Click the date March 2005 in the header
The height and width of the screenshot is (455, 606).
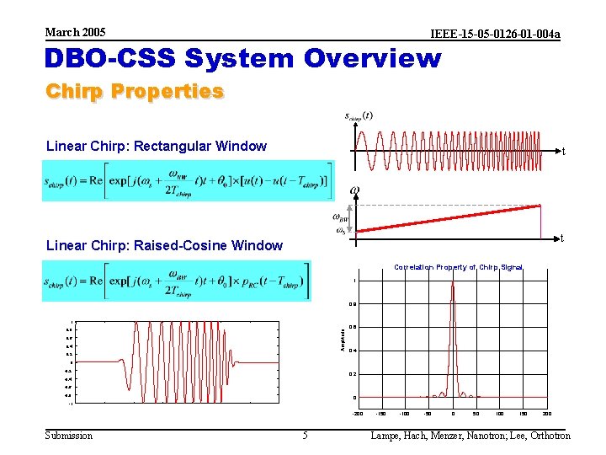75,32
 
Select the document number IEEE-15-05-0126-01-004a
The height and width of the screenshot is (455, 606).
495,34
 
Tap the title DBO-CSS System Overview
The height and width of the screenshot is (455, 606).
242,59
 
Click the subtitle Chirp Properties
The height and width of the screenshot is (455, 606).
135,91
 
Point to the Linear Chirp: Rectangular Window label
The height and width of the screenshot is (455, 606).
157,147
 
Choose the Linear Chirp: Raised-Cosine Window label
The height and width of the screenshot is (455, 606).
165,246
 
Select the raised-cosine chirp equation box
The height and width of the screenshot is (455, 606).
177,280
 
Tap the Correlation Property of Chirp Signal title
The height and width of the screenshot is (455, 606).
459,267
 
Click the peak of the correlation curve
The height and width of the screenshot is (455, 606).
453,281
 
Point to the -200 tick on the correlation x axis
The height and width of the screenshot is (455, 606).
357,415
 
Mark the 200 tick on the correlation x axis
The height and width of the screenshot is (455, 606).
547,415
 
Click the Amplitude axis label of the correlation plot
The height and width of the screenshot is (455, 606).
342,340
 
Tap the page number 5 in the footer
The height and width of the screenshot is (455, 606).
305,436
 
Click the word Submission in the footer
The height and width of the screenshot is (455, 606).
68,436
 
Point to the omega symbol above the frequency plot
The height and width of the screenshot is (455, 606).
355,191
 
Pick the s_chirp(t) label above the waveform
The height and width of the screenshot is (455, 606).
359,116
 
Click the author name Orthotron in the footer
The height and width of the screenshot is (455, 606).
546,436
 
